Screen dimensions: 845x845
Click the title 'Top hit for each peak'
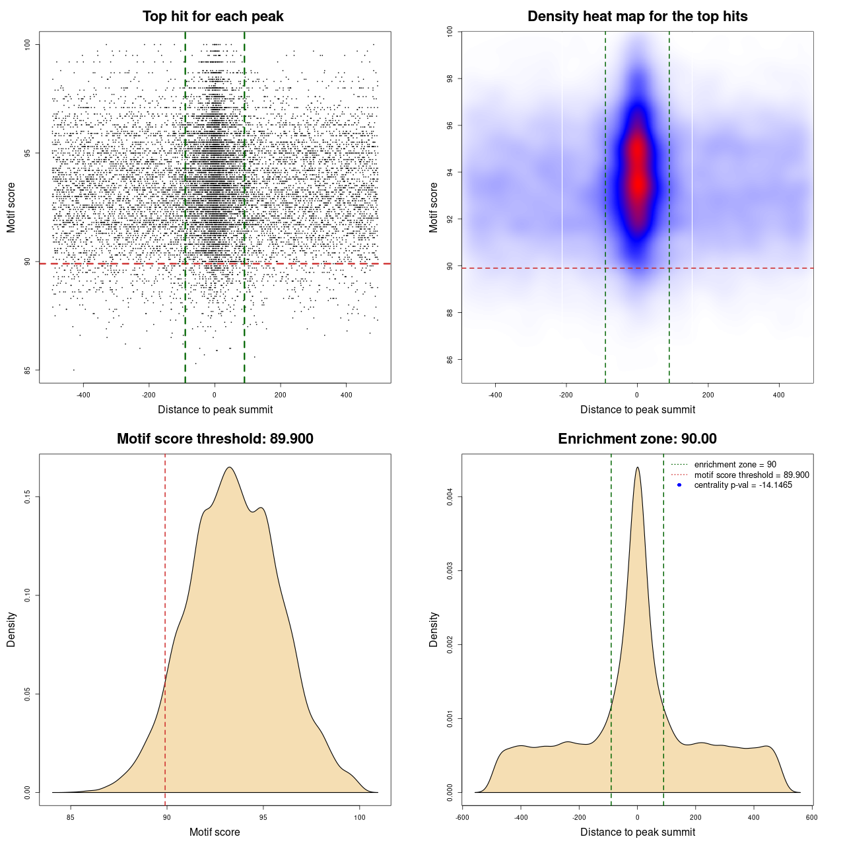(213, 17)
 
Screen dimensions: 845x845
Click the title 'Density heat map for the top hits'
(637, 17)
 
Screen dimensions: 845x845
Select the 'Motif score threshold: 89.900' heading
(215, 439)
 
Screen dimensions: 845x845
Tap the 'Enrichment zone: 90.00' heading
(637, 439)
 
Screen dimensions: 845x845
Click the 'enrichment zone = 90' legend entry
(735, 465)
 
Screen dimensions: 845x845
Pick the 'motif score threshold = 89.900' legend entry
(751, 475)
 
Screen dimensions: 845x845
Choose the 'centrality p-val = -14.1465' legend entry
(743, 485)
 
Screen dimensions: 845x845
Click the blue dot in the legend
(679, 485)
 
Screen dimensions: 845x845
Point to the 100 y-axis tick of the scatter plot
(28, 44)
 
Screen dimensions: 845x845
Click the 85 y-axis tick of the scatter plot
(28, 370)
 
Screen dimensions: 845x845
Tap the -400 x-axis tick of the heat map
(495, 395)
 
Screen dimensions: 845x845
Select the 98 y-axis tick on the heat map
(450, 79)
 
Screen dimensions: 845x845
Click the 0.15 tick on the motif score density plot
(28, 496)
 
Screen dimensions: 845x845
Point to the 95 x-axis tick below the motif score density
(263, 817)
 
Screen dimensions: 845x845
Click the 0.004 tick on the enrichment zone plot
(450, 496)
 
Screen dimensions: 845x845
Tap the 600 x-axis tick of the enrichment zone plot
(812, 817)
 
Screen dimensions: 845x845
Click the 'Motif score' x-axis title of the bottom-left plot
(215, 832)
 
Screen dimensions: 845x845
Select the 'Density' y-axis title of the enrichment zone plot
(434, 629)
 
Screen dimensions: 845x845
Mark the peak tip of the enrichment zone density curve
(637, 467)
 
